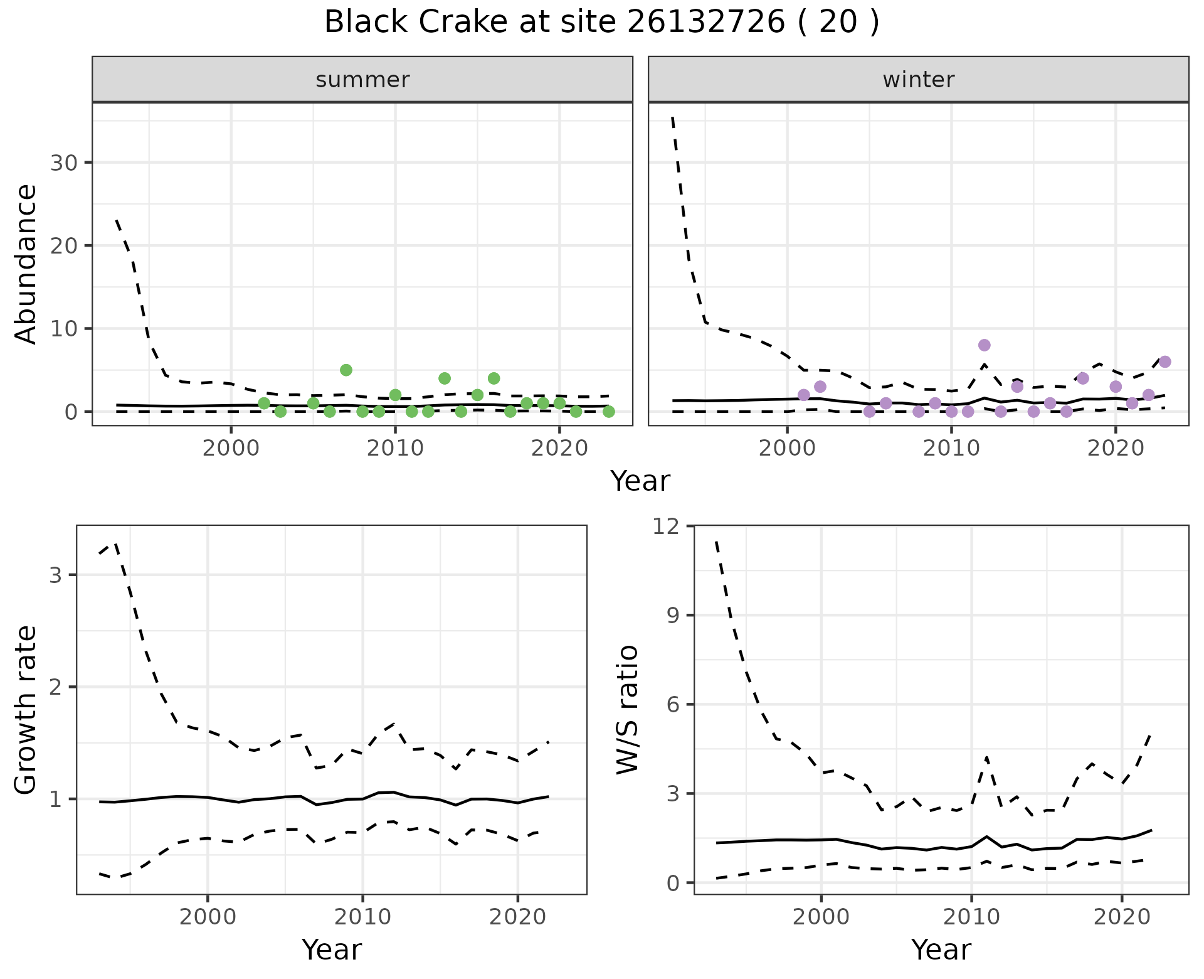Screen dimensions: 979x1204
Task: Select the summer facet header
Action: (362, 80)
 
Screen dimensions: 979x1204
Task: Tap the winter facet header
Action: (918, 80)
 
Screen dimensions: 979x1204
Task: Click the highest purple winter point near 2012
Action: (984, 345)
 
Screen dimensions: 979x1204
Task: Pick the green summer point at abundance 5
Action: (346, 370)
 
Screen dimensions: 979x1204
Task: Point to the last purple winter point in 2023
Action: (1164, 361)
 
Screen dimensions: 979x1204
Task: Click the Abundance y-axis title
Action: (26, 264)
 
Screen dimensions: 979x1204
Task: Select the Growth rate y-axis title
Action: (26, 710)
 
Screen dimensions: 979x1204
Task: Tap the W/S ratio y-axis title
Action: (628, 710)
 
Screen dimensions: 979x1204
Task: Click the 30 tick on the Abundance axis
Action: (63, 163)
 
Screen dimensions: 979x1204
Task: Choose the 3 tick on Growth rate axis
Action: (55, 575)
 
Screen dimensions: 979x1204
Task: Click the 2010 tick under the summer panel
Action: (395, 449)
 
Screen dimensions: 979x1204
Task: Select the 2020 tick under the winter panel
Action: (1115, 449)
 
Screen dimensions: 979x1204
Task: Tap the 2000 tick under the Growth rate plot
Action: (208, 917)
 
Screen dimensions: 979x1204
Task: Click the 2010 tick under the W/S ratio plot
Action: (971, 917)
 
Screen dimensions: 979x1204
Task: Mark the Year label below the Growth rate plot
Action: (331, 950)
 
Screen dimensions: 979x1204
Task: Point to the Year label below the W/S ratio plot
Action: (941, 950)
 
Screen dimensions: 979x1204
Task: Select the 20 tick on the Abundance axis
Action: (63, 246)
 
